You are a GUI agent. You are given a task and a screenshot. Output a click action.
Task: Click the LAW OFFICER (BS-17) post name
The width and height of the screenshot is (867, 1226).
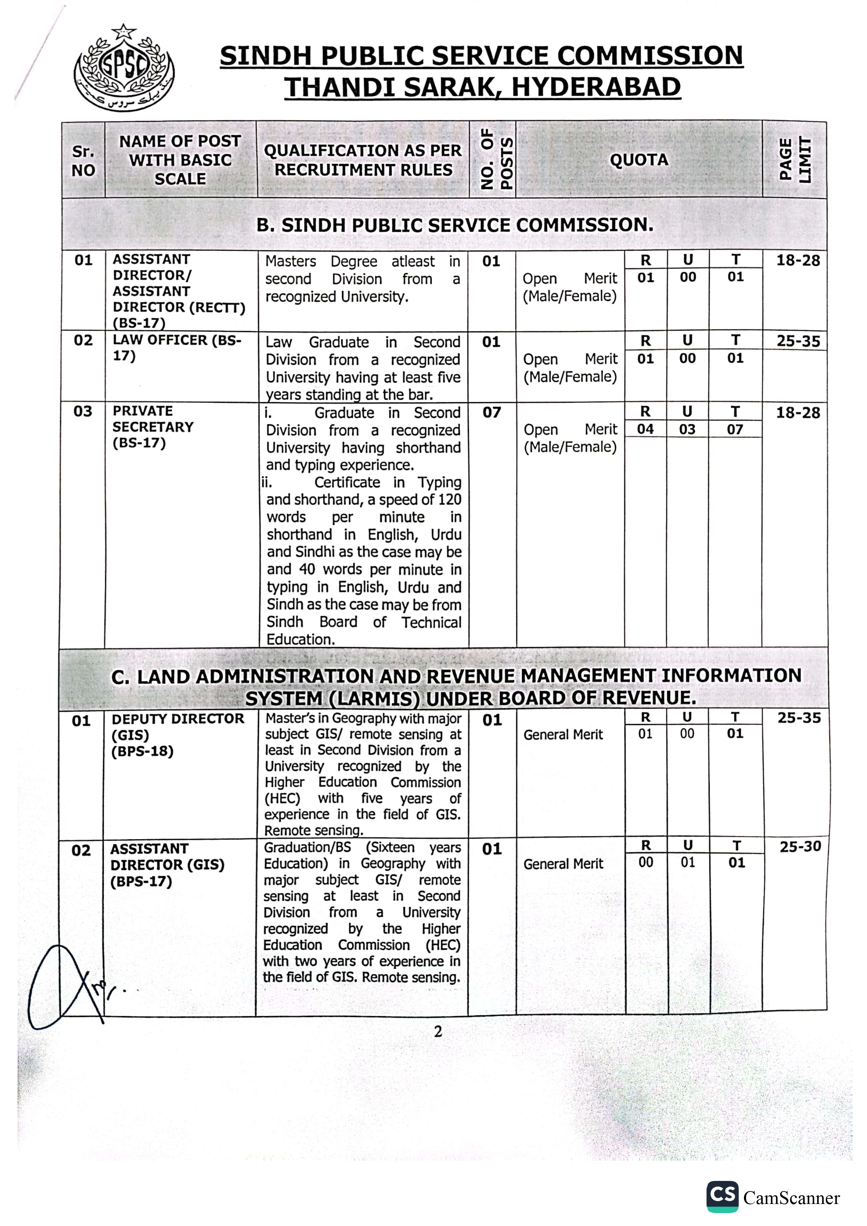click(x=176, y=348)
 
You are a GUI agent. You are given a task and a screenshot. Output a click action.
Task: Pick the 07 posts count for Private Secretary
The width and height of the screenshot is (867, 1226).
click(x=492, y=412)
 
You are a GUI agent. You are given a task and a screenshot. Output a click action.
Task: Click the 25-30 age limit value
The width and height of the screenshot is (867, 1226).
click(x=800, y=846)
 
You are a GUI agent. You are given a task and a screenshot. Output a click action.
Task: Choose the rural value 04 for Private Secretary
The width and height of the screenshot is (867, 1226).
click(x=645, y=429)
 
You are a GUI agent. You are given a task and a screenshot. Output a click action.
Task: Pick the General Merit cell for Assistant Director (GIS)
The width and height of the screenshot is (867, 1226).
click(x=563, y=864)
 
